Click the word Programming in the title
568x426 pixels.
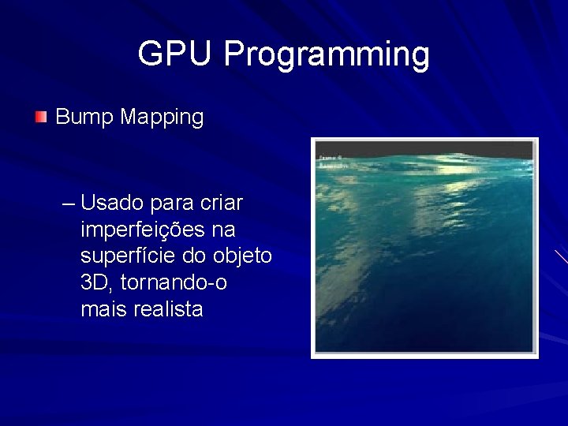327,54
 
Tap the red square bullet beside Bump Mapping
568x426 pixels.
41,118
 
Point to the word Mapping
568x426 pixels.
163,118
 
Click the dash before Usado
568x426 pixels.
68,204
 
